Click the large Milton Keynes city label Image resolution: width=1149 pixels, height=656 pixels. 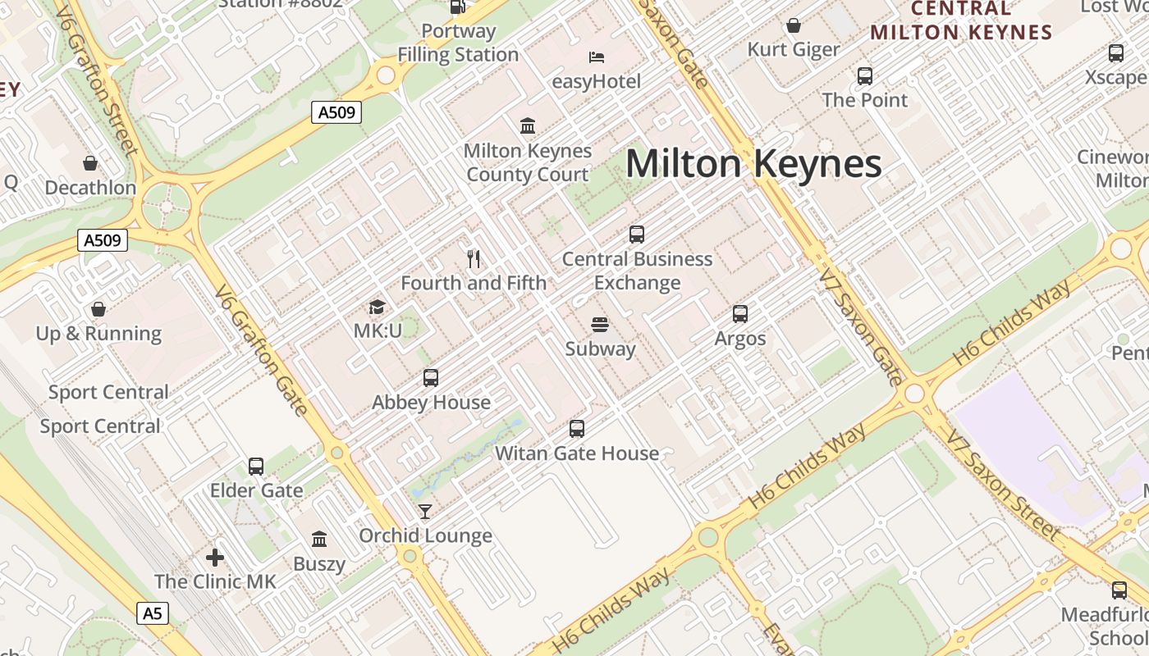753,164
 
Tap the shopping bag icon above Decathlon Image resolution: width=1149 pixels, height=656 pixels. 90,163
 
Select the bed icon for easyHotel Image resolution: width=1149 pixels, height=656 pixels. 597,57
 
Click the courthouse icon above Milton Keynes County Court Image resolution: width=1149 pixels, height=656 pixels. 528,126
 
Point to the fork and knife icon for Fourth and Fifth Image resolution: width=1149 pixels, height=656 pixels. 473,259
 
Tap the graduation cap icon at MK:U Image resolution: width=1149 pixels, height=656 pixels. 377,307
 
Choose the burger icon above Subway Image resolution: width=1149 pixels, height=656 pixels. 600,325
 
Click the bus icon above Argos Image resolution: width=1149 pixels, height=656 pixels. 740,314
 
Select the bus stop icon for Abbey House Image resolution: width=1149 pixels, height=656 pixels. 431,378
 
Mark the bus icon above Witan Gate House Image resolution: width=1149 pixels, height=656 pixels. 577,429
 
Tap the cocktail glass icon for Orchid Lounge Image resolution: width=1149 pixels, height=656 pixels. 425,512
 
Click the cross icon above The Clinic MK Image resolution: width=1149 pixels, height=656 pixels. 215,558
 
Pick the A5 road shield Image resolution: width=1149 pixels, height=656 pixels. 152,613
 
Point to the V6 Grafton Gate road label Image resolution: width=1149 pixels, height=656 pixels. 261,351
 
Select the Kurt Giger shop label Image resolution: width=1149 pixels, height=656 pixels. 794,50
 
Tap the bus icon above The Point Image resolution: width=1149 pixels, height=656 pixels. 865,76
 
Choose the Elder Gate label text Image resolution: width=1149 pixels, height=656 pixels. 256,490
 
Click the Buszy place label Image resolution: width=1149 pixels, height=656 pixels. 319,564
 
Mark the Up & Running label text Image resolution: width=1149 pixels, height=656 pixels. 98,334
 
